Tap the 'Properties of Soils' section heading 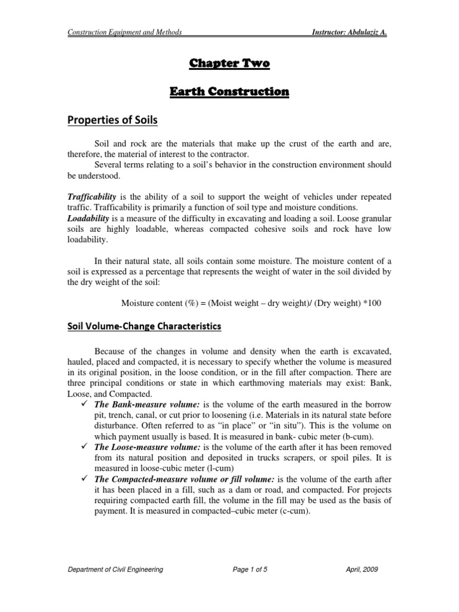pos(114,121)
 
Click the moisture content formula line pos(251,303)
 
